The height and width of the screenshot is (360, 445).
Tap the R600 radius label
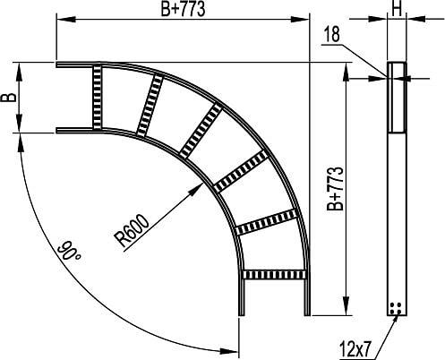[131, 231]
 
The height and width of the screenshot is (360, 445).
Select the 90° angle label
[69, 253]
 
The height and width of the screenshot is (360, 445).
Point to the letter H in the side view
[397, 10]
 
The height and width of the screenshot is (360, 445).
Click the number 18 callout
[331, 34]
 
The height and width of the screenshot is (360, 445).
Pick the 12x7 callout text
[355, 349]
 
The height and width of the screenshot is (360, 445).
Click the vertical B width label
[9, 98]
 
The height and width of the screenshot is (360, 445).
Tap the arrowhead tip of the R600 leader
[203, 184]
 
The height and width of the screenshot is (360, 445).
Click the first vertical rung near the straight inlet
[97, 97]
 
